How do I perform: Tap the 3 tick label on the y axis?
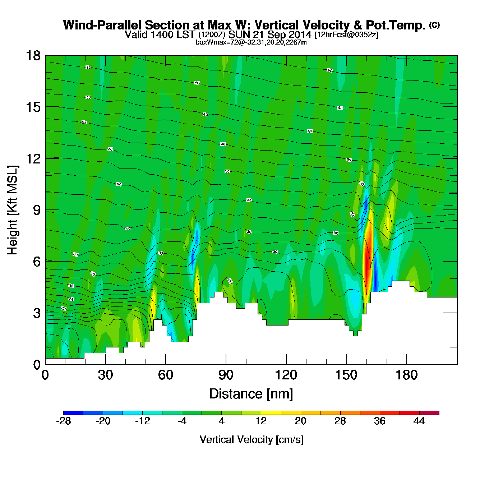(37, 313)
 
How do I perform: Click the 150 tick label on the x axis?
(346, 375)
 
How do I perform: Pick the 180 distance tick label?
(407, 375)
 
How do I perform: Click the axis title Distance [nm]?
(251, 394)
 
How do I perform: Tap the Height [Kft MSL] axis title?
(13, 210)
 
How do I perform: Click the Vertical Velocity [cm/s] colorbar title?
(251, 440)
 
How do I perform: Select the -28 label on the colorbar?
(64, 421)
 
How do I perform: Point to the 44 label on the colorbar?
(419, 421)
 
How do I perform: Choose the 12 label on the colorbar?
(261, 421)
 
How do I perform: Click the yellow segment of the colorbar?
(271, 413)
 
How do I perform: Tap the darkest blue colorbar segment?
(73, 413)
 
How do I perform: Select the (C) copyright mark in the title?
(434, 25)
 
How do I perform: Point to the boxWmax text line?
(251, 42)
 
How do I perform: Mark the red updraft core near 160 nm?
(367, 259)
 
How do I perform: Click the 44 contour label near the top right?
(329, 70)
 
